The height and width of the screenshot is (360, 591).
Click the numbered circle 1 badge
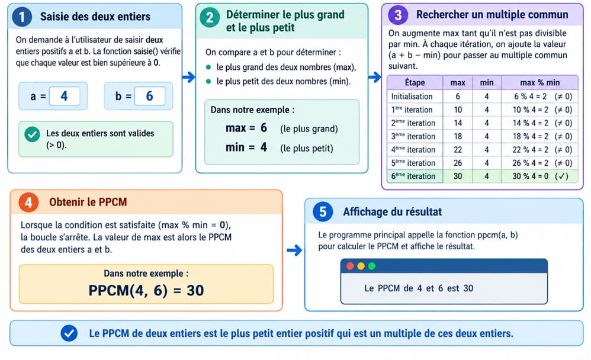click(x=22, y=17)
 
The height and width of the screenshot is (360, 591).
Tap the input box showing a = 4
click(x=65, y=96)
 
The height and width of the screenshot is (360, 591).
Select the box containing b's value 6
click(x=150, y=96)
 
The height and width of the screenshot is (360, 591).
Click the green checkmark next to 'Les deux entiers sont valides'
click(x=33, y=134)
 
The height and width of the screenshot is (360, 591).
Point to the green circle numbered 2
click(x=210, y=17)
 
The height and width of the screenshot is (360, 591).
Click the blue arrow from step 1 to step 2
click(x=189, y=78)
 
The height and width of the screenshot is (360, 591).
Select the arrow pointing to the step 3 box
click(x=375, y=78)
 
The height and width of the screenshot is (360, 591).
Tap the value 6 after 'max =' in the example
click(x=264, y=128)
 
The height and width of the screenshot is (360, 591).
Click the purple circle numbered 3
click(x=397, y=15)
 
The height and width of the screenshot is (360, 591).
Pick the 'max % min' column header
click(x=539, y=82)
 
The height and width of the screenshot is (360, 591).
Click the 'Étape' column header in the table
click(x=415, y=82)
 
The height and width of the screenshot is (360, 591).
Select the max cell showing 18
click(x=458, y=136)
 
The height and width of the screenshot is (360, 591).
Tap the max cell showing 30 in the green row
click(x=458, y=176)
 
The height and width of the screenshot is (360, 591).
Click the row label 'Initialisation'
click(x=412, y=97)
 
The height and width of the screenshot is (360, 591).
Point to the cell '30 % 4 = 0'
click(x=531, y=176)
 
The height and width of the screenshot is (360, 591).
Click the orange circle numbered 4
click(x=28, y=202)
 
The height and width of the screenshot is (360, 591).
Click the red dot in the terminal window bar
click(x=350, y=266)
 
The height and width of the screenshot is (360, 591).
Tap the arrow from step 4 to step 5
click(x=294, y=250)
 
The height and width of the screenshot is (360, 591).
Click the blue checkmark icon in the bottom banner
click(x=69, y=333)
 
